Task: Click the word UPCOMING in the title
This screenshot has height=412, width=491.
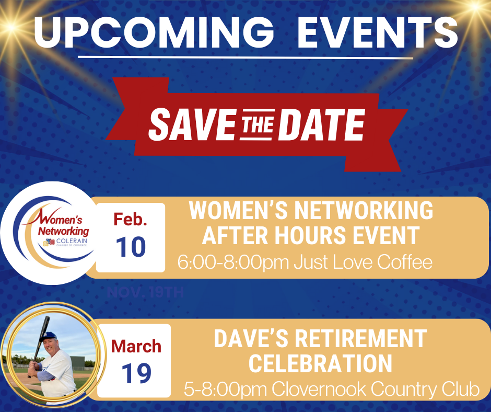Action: [x=154, y=32]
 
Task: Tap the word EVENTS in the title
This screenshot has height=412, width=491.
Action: [x=378, y=32]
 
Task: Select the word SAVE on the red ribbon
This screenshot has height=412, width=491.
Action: [x=192, y=124]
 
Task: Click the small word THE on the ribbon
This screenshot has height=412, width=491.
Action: [x=257, y=124]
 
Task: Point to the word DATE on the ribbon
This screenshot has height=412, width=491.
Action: [x=322, y=124]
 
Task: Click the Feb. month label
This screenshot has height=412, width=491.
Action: [x=130, y=219]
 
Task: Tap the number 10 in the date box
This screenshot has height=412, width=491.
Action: [x=131, y=247]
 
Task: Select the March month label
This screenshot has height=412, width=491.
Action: [x=136, y=347]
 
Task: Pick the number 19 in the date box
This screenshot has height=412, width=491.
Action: [x=136, y=373]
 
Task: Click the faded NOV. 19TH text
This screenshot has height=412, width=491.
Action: [x=145, y=293]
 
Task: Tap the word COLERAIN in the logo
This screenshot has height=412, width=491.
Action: [x=72, y=241]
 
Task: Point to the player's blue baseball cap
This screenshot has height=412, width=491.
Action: [x=50, y=336]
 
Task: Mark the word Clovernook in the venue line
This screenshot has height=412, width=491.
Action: [x=319, y=389]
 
